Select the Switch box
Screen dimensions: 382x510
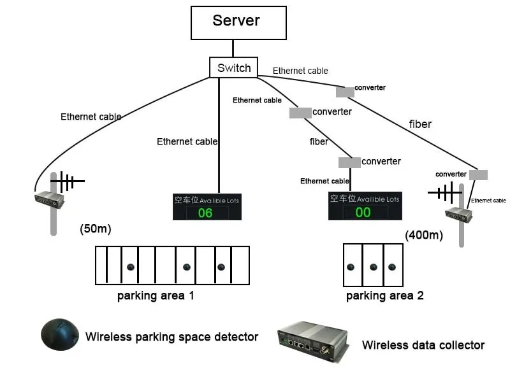click(233, 68)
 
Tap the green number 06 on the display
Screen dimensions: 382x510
click(205, 213)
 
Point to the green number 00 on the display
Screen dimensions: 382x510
click(363, 213)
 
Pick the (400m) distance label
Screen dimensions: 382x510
click(423, 236)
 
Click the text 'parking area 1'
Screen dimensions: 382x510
click(156, 295)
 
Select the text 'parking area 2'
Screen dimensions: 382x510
click(384, 295)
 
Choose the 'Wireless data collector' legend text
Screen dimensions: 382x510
click(423, 345)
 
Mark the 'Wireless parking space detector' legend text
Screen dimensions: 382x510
click(171, 337)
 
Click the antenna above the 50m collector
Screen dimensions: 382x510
click(66, 182)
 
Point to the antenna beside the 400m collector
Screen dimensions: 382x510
click(446, 191)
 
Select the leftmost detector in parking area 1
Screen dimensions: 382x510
click(130, 267)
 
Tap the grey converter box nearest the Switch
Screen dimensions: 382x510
click(345, 92)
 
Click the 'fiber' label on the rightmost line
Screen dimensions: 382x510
click(420, 124)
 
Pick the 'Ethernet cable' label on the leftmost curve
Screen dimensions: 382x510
click(91, 117)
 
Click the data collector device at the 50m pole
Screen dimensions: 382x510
click(49, 200)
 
